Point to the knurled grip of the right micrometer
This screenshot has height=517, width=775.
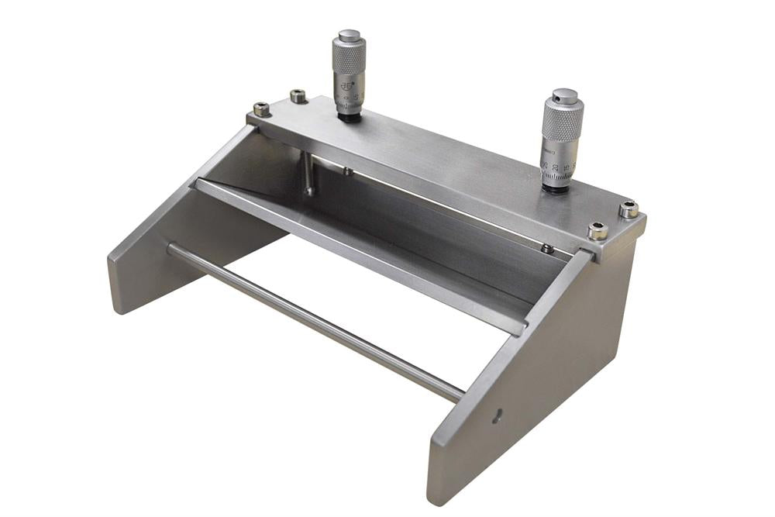563,122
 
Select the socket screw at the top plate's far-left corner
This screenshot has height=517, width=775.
262,109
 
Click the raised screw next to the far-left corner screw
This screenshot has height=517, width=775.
298,96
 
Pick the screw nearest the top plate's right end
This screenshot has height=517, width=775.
629,209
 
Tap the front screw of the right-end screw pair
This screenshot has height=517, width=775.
598,230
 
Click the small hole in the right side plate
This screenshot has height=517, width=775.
498,415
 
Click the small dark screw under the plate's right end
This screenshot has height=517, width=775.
547,249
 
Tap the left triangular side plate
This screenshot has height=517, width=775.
178,248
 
